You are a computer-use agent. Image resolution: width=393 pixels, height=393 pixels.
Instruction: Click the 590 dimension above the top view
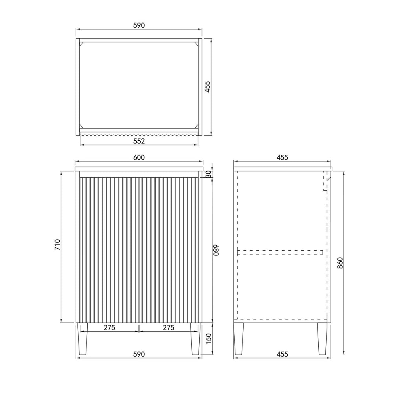(139, 25)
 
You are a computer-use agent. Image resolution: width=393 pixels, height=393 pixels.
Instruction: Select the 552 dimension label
(139, 141)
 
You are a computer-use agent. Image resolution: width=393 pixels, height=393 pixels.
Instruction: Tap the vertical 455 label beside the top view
(208, 87)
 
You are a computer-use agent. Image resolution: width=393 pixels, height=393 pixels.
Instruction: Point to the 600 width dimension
(139, 158)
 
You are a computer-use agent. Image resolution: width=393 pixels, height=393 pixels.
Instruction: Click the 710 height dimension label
(57, 244)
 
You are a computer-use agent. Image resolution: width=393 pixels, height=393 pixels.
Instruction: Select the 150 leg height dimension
(209, 339)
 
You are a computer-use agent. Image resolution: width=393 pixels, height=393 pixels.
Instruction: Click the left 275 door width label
(109, 328)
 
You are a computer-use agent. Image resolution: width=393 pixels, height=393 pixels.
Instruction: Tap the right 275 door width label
(169, 328)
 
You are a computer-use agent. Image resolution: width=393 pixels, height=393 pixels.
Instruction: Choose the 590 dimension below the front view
(139, 354)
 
